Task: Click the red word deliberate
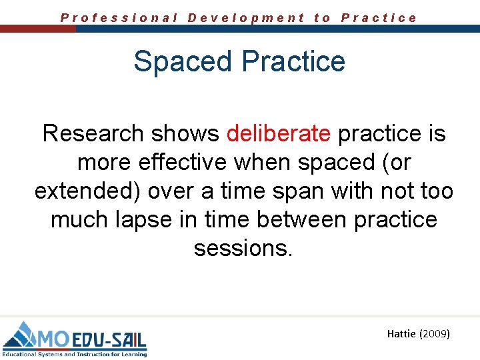click(x=278, y=134)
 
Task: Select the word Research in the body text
click(x=93, y=134)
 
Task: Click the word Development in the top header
click(x=246, y=18)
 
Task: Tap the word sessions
click(x=243, y=249)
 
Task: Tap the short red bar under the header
click(x=37, y=29)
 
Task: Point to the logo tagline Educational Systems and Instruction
click(x=63, y=354)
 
